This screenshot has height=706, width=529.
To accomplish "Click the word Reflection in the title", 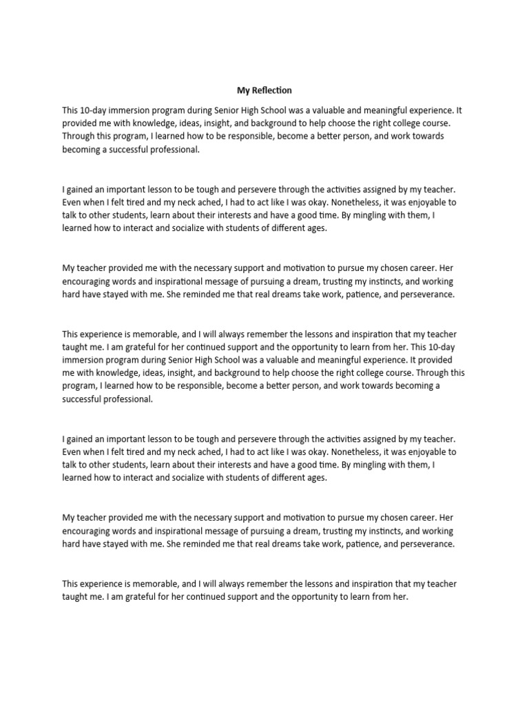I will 273,90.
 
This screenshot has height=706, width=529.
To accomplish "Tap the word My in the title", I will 243,90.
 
